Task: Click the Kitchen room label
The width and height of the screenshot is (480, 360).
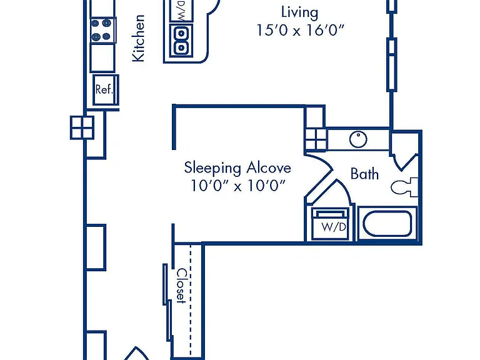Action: tap(138, 38)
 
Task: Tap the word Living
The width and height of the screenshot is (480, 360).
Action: tap(300, 12)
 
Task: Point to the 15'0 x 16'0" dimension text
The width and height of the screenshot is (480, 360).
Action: tap(300, 30)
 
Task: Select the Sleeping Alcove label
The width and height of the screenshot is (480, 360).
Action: tap(237, 168)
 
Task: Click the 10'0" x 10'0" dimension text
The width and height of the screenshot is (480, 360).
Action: tap(238, 186)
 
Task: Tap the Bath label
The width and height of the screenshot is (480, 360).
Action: tap(364, 174)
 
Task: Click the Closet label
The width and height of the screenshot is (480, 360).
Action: tap(181, 286)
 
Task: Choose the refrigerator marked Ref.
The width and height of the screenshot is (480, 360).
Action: tap(106, 90)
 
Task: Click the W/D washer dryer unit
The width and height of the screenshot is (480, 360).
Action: tap(330, 224)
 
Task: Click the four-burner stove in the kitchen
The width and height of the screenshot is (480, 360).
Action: tap(103, 30)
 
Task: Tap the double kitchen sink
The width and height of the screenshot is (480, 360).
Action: tap(181, 41)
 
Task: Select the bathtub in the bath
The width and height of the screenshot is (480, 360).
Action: tap(387, 224)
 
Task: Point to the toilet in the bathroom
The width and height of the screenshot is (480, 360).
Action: tap(404, 187)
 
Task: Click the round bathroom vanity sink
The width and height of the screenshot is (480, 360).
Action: tap(358, 139)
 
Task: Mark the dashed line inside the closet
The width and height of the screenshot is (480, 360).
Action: tap(191, 299)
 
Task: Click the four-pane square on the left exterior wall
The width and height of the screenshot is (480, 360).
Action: tap(82, 127)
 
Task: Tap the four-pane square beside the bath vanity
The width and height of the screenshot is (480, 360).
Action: tap(316, 140)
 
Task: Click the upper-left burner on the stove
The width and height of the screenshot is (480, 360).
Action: tap(95, 23)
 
